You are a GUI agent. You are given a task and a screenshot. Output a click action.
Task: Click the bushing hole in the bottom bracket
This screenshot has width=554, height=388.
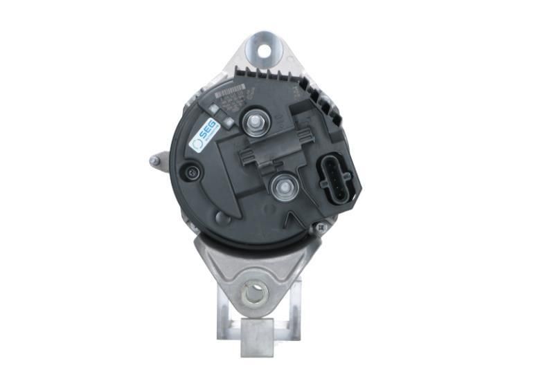pyautogui.click(x=255, y=294)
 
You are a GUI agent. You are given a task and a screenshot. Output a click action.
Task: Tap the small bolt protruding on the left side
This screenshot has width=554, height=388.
pyautogui.click(x=154, y=162)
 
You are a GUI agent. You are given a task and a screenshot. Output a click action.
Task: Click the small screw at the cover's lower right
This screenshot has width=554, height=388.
pyautogui.click(x=318, y=227)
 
